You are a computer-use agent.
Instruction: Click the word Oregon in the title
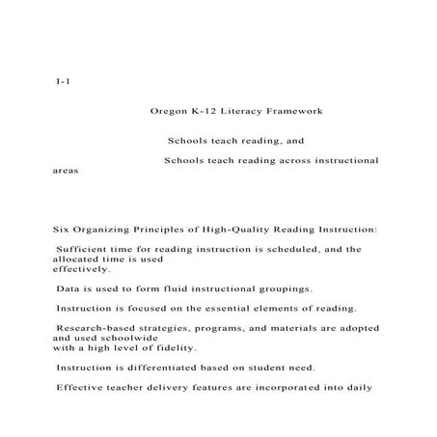pyautogui.click(x=169, y=112)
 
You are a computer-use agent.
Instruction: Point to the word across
pyautogui.click(x=280, y=159)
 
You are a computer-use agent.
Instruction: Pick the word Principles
pyautogui.click(x=165, y=230)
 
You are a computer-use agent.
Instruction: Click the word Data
pyautogui.click(x=68, y=288)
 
